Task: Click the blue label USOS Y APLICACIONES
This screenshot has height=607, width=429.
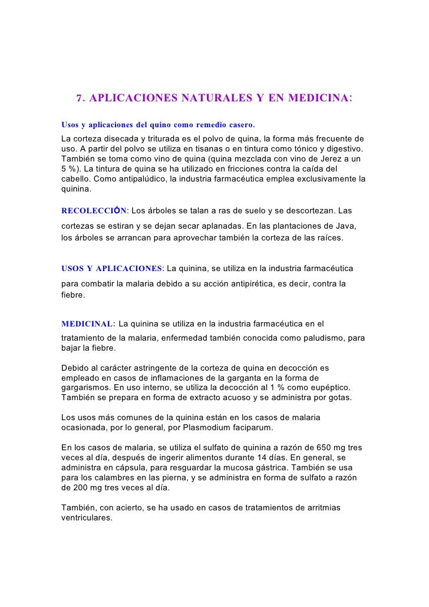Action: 111,268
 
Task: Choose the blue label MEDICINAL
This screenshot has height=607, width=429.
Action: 87,324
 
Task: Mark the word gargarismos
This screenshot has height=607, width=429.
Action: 87,389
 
